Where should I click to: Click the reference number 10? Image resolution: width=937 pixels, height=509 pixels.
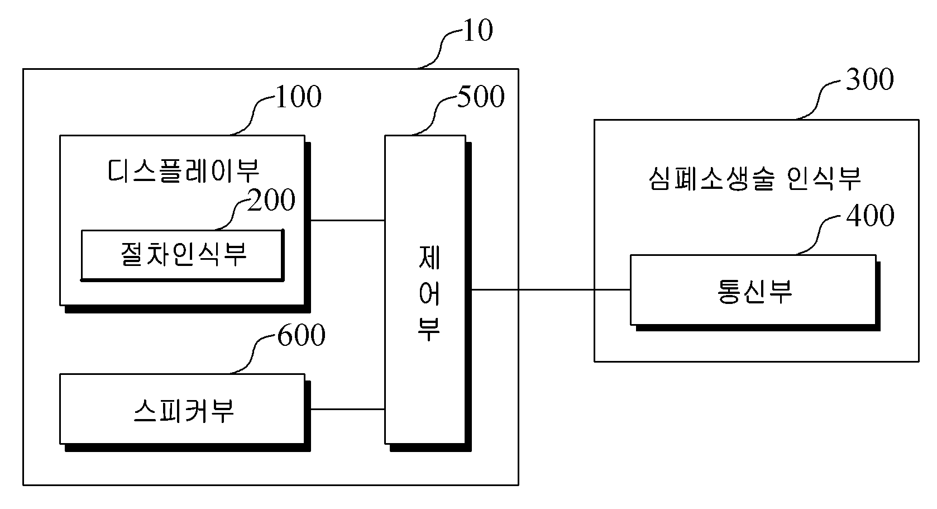(x=478, y=31)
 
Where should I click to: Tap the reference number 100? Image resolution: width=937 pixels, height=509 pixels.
(x=298, y=97)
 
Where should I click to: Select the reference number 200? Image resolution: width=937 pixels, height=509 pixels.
(x=271, y=200)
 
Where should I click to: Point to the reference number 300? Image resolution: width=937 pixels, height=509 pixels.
(x=869, y=79)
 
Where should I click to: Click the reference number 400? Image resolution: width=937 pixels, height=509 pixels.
(x=870, y=216)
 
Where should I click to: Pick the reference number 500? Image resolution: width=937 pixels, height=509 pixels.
(x=481, y=97)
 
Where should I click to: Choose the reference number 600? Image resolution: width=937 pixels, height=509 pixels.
(x=301, y=335)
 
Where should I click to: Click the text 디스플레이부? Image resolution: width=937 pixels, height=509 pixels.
(x=183, y=171)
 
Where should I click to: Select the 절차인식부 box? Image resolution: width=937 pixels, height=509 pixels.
(x=183, y=255)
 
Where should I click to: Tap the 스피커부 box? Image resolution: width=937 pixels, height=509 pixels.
(x=184, y=412)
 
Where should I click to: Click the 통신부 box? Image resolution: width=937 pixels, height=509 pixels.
(x=755, y=292)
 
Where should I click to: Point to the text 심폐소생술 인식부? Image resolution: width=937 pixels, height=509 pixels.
(x=754, y=178)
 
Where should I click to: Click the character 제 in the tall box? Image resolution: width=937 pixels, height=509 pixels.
(x=429, y=257)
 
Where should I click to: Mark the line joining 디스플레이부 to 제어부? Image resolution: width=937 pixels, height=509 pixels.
(x=348, y=220)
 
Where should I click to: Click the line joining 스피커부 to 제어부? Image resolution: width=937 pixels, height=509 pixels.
(x=348, y=409)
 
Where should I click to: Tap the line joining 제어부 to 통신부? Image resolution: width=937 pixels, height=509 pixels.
(x=551, y=289)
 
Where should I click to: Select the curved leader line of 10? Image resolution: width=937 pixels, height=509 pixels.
(x=440, y=49)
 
